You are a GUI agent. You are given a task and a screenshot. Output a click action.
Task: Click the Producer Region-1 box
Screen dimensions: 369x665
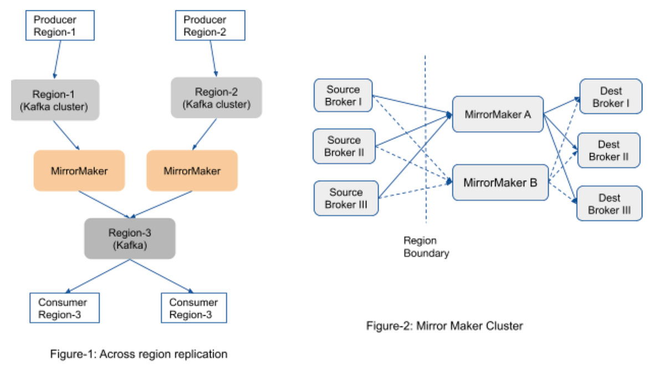(60, 26)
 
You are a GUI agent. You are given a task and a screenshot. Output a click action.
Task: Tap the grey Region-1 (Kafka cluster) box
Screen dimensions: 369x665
(55, 100)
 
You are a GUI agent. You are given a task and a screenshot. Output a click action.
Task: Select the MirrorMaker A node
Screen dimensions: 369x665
(497, 114)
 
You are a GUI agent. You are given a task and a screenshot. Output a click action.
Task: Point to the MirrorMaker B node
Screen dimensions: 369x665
(500, 182)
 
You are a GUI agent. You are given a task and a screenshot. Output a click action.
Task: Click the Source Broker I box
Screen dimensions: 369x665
(343, 95)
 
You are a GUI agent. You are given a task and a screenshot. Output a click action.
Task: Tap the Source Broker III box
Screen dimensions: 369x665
(346, 198)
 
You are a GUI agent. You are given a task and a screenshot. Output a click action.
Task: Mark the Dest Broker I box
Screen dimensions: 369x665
(611, 97)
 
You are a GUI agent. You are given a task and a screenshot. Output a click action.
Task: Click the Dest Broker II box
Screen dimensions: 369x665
(608, 150)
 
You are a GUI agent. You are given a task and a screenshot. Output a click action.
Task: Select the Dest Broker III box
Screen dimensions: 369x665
(609, 204)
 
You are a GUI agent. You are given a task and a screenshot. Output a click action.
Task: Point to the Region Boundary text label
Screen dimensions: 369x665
(426, 247)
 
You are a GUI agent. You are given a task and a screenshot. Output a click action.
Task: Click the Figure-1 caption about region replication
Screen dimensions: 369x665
(139, 354)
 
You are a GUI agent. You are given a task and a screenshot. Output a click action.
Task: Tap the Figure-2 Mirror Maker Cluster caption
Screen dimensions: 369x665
(444, 326)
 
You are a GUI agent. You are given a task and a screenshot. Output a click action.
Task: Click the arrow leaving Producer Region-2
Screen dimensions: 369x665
(213, 58)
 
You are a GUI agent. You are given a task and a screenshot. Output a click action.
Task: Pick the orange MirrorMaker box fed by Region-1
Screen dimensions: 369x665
(79, 171)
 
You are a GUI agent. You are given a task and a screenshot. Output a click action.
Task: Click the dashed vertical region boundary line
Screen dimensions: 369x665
(426, 139)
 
